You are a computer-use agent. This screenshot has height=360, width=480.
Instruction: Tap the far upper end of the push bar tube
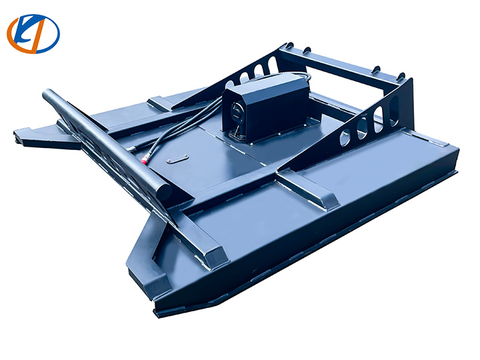point(49,95)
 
